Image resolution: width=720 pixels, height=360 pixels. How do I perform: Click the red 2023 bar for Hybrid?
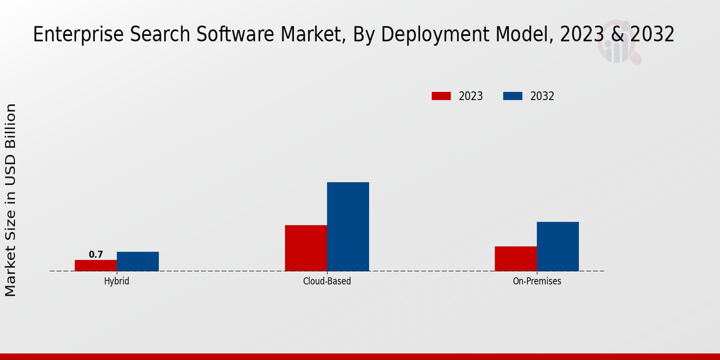click(96, 265)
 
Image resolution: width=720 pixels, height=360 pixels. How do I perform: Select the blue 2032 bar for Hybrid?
click(138, 261)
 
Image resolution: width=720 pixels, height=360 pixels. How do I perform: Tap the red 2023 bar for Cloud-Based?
click(306, 248)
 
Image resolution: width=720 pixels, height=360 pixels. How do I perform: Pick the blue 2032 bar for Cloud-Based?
click(348, 226)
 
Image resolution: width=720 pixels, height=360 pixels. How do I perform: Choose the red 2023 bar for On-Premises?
click(516, 259)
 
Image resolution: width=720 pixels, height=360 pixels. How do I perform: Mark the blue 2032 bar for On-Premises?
click(558, 246)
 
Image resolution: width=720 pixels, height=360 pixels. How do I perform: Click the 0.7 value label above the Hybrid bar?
click(96, 254)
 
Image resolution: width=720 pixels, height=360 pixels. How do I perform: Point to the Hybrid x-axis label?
click(116, 281)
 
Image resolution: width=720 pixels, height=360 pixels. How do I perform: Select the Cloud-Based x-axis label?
click(327, 281)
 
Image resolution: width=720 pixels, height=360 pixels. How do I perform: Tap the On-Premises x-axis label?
click(537, 281)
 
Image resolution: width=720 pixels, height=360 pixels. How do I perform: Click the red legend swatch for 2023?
click(441, 96)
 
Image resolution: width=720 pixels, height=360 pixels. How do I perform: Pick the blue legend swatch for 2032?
click(512, 96)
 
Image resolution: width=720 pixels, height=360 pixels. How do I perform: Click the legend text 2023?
click(471, 96)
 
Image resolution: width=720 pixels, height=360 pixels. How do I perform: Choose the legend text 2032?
click(542, 96)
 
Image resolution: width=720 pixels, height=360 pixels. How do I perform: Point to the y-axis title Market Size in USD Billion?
click(11, 200)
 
